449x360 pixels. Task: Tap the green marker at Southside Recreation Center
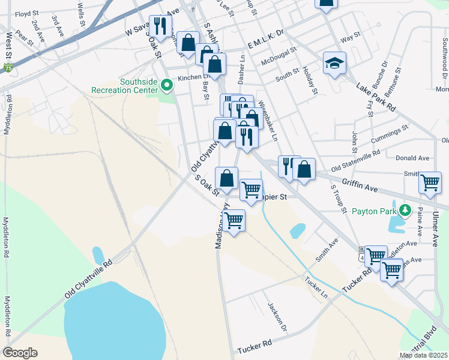pos(168,86)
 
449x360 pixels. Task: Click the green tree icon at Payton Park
pos(405,210)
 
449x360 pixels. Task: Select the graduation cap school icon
pos(334,62)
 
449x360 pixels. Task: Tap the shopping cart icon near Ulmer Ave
pos(430,182)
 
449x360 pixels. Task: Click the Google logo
pos(20,353)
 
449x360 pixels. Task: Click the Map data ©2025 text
pos(423,355)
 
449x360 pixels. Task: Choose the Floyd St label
pos(27,13)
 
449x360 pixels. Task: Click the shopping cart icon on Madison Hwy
pos(234,220)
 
